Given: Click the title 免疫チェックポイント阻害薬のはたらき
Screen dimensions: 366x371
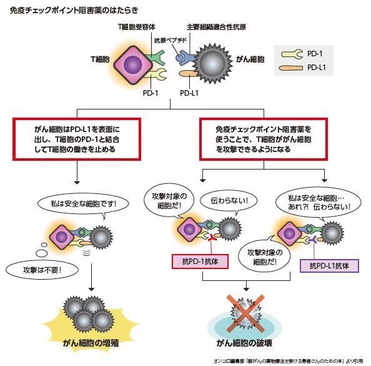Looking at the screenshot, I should (x=74, y=11).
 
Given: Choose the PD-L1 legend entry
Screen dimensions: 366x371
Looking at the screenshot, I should (x=317, y=67).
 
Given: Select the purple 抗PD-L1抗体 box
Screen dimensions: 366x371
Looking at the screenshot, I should (x=330, y=265).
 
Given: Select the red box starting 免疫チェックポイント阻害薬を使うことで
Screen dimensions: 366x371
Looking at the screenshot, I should (x=264, y=138).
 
